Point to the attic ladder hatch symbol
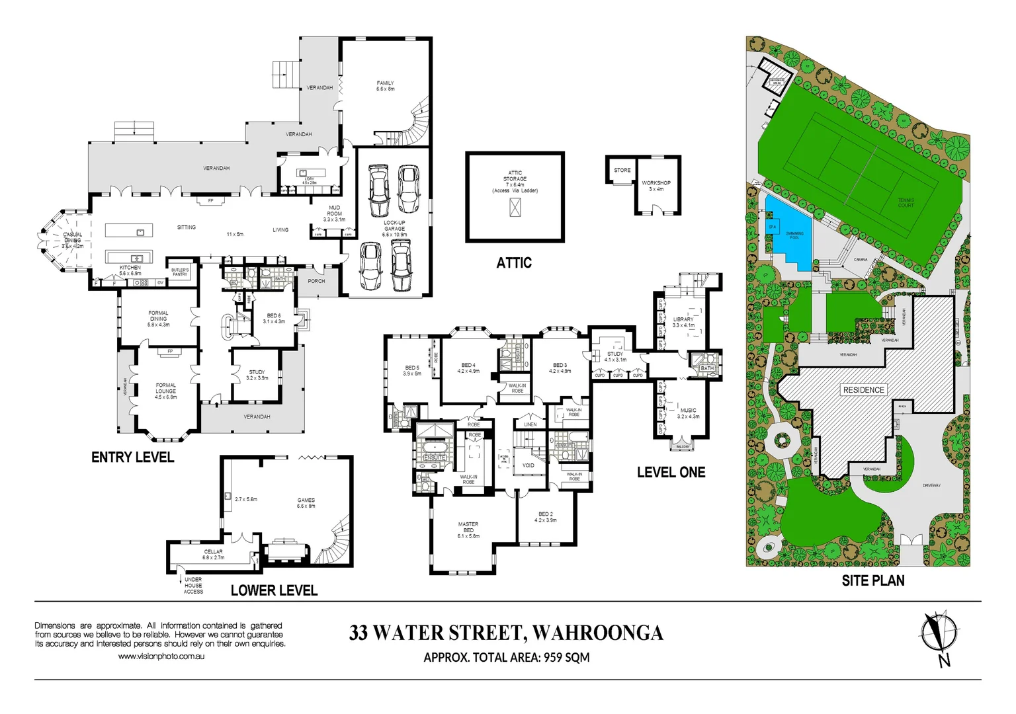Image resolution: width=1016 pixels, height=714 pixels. (515, 208)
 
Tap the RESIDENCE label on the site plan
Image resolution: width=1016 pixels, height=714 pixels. (863, 390)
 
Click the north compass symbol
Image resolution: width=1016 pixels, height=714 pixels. (940, 633)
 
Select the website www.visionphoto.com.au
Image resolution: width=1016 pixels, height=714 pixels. (161, 656)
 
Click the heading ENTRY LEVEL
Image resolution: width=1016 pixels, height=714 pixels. (132, 457)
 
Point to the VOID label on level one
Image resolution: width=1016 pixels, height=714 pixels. (529, 465)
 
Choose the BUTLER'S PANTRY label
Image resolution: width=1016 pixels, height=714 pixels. (180, 272)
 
